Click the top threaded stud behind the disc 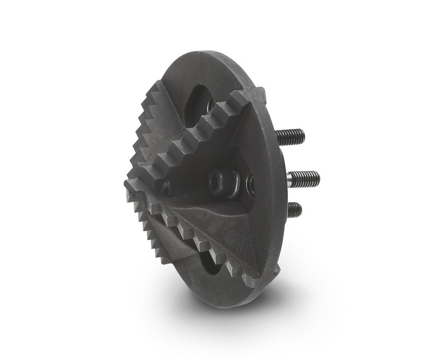click(x=289, y=136)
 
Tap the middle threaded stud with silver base click(x=303, y=178)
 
